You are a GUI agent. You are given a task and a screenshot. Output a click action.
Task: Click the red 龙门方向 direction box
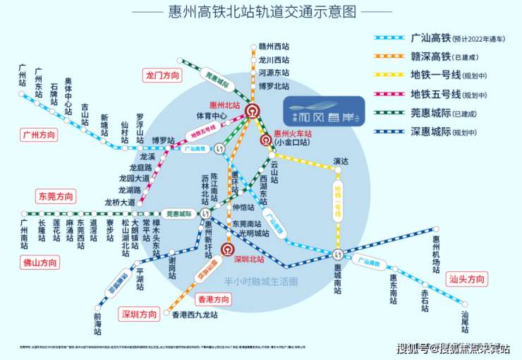(x=163, y=76)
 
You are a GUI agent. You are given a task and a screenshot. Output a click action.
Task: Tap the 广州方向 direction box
(x=40, y=135)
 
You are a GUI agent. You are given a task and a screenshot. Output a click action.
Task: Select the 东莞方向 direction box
(x=56, y=196)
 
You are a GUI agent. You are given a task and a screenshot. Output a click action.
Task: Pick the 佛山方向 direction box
(x=40, y=263)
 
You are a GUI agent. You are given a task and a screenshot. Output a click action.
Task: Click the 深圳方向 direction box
(x=140, y=314)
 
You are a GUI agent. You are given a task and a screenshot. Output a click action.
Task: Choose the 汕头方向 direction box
(x=467, y=280)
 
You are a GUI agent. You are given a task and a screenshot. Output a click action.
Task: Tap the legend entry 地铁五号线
(x=430, y=94)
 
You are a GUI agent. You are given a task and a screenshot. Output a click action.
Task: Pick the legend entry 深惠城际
(x=430, y=132)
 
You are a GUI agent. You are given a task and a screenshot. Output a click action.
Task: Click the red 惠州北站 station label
(x=226, y=105)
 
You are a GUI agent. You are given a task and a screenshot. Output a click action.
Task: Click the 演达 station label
(x=341, y=162)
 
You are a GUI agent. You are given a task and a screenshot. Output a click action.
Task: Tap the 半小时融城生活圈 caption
(x=261, y=280)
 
